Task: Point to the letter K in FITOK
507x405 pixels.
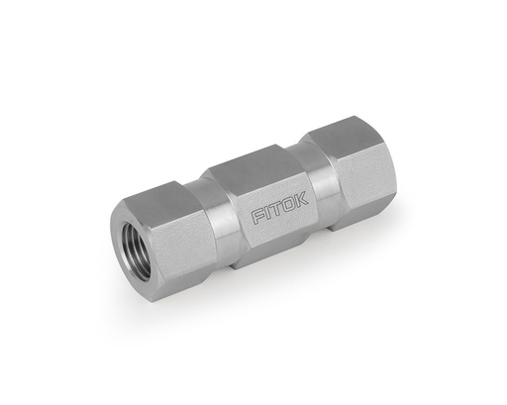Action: [301, 196]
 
